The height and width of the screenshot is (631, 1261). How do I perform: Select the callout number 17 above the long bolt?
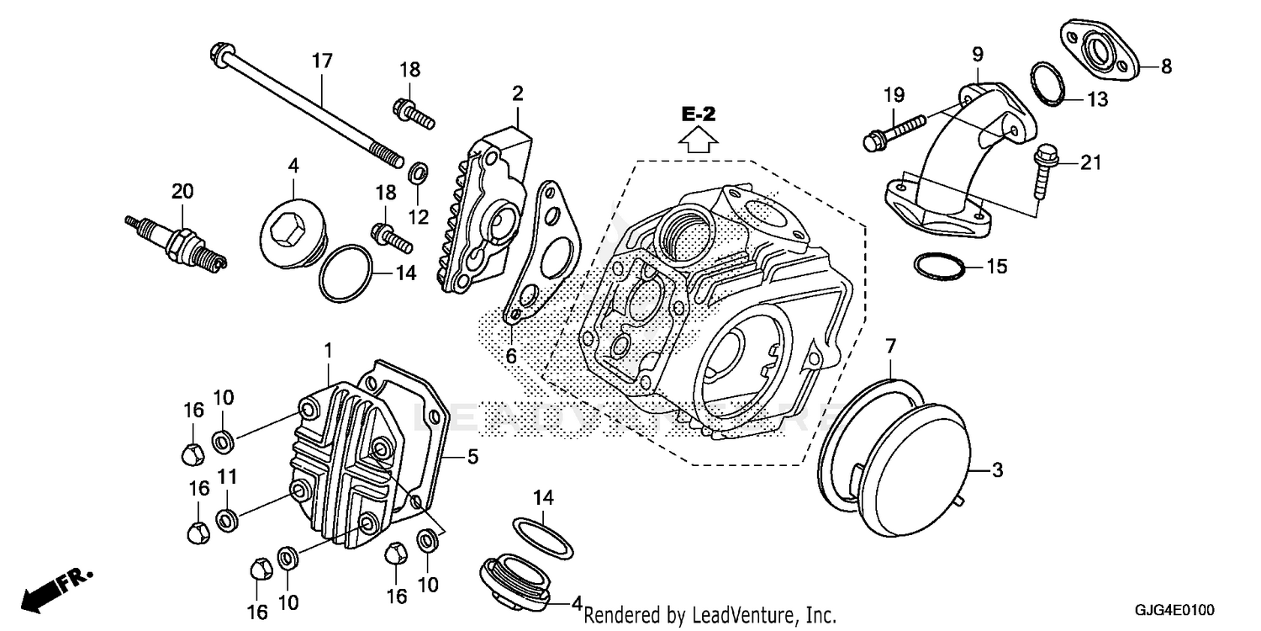click(322, 61)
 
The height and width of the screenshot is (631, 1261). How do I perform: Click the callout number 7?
click(891, 344)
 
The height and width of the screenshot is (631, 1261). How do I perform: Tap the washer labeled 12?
click(416, 175)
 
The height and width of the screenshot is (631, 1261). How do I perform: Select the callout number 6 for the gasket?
click(510, 356)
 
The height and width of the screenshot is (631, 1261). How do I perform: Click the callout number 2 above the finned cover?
click(517, 93)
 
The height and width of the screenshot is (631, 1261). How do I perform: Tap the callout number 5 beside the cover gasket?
click(472, 457)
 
